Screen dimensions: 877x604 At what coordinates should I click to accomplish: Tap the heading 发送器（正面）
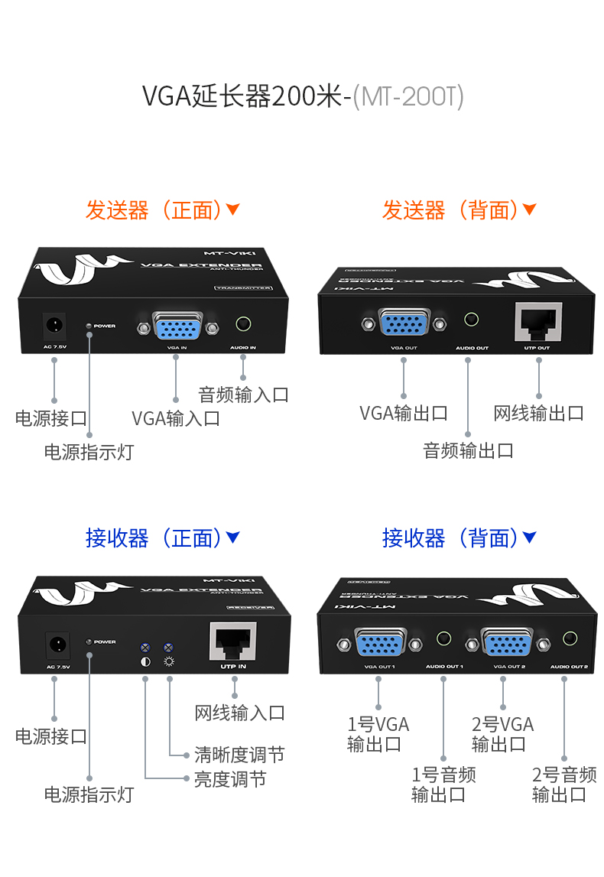pyautogui.click(x=153, y=210)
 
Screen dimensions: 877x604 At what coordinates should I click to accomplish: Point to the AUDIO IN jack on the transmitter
pyautogui.click(x=243, y=324)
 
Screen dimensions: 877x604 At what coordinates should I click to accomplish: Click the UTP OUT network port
pyautogui.click(x=538, y=324)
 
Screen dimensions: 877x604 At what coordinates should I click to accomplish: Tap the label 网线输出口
pyautogui.click(x=538, y=414)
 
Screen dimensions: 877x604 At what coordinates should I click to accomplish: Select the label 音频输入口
pyautogui.click(x=243, y=395)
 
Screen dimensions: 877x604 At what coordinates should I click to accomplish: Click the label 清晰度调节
pyautogui.click(x=239, y=755)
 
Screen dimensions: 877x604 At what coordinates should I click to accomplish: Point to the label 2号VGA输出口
pyautogui.click(x=502, y=734)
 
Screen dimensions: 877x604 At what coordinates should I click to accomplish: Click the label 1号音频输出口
pyautogui.click(x=443, y=784)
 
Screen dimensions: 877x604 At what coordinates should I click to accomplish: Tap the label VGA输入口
pyautogui.click(x=176, y=418)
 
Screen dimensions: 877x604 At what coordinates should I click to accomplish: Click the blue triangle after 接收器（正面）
pyautogui.click(x=233, y=538)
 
